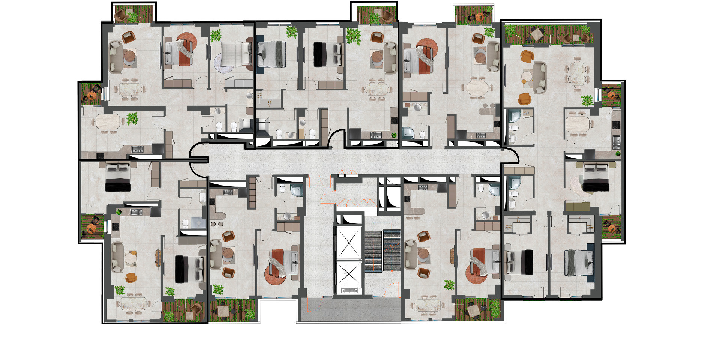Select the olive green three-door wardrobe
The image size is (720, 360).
tap(577, 206)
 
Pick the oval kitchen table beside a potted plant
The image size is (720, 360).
tap(108, 122)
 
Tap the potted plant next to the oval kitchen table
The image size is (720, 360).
tap(132, 118)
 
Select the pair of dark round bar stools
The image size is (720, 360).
tap(217, 224)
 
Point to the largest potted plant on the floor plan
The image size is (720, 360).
tap(353, 36)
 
